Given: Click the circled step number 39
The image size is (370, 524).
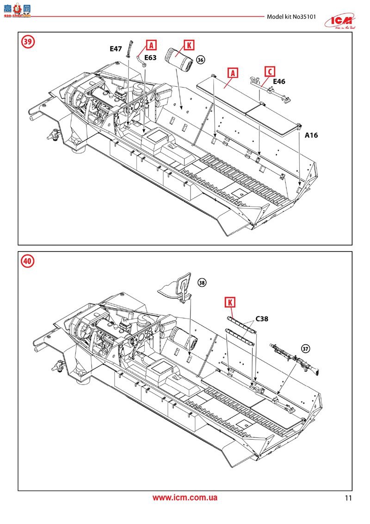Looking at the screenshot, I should tap(28, 42).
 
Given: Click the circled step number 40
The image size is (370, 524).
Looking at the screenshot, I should tap(28, 261).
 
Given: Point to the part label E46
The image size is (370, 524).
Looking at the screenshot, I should tap(279, 82).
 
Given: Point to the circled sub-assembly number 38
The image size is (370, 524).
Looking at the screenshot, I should tap(202, 283).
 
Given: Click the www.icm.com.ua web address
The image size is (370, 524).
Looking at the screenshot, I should tap(185, 498).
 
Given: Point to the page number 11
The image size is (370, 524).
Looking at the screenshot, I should tap(348, 499).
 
